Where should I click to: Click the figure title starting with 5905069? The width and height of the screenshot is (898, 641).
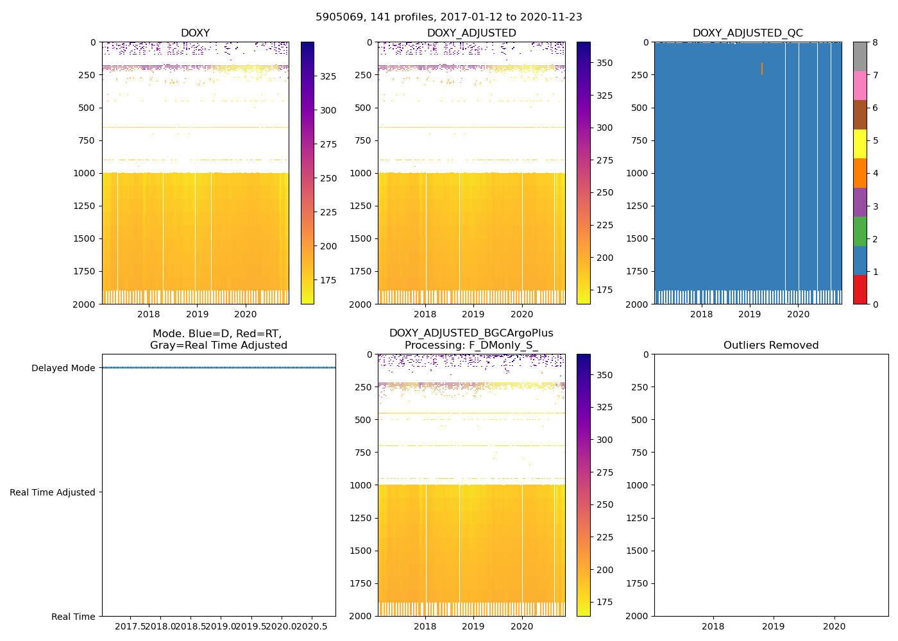coord(449,17)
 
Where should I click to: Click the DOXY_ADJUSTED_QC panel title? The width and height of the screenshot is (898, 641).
coord(747,33)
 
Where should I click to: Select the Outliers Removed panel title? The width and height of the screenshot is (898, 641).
coord(771,345)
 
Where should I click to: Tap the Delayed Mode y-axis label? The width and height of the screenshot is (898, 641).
coord(63,368)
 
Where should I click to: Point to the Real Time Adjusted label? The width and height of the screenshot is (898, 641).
coord(53,492)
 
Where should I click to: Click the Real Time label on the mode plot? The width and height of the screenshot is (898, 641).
coord(73,617)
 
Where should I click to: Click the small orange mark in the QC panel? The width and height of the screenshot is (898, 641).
coord(762,69)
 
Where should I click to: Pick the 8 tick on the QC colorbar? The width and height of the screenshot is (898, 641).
coord(876,42)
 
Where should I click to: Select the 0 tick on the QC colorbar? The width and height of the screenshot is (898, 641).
coord(876,304)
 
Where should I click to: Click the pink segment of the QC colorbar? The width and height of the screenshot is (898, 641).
coord(860,85)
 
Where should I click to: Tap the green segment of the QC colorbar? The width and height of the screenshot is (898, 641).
coord(860,231)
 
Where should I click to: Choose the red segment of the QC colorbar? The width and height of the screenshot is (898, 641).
coord(860,289)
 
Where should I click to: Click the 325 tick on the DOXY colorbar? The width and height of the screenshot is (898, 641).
coord(328,76)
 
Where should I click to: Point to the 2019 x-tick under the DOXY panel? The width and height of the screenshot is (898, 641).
coord(197,314)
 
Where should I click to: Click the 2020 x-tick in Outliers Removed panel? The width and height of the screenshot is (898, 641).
coord(834,626)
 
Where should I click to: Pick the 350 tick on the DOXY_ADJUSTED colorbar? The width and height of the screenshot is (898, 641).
coord(604,63)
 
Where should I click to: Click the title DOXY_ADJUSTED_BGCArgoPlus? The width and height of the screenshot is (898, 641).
coord(471,333)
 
